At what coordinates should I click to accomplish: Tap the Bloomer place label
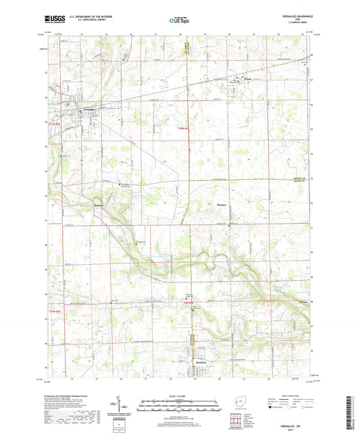coord(205,202)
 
